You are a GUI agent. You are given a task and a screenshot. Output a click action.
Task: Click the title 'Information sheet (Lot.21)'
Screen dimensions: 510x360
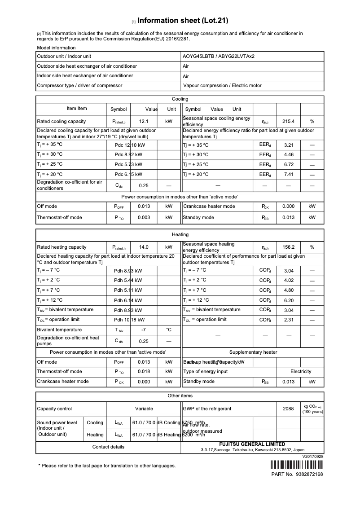coord(183,21)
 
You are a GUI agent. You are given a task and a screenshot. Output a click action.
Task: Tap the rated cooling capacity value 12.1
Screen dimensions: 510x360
coord(144,121)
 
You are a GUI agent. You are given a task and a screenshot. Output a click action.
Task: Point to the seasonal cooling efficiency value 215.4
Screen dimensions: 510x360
coord(288,121)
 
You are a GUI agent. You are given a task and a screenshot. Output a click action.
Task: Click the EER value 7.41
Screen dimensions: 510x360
coord(288,174)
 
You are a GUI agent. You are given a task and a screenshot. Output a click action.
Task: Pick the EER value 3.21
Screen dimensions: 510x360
coord(288,145)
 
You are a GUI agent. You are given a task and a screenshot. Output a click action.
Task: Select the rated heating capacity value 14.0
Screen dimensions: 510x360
coord(144,247)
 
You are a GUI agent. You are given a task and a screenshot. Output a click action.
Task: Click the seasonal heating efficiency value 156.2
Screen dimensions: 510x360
coord(288,247)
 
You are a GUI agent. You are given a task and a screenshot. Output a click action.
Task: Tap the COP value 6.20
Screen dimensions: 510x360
coord(288,300)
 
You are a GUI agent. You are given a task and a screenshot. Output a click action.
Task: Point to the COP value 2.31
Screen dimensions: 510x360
coord(288,320)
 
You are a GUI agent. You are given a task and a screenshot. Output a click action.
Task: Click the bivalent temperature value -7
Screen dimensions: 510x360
coord(144,330)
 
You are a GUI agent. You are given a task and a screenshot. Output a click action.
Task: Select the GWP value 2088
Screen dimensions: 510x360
coord(288,409)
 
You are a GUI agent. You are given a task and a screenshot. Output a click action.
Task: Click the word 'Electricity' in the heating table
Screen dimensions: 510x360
coord(300,371)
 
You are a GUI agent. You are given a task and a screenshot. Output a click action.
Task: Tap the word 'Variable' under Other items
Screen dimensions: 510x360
coord(144,409)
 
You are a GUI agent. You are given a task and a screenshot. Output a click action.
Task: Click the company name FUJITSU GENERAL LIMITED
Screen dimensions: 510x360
coord(252,444)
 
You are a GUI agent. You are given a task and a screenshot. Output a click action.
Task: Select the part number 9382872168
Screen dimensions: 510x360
coord(310,474)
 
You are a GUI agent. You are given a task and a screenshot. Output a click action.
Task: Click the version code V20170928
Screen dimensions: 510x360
coord(312,456)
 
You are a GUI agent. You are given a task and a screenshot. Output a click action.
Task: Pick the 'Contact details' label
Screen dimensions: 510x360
coord(108,447)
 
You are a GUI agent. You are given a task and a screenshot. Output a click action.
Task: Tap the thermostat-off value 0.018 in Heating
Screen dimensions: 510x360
coord(144,371)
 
